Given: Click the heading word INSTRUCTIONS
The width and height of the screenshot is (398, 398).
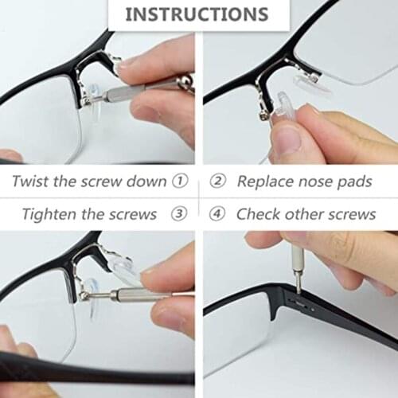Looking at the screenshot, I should [197, 14].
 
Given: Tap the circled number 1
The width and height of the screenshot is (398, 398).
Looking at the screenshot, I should [181, 181].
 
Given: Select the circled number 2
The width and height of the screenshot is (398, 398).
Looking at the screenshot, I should [217, 181].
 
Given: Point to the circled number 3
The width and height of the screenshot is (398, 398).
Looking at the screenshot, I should [181, 214].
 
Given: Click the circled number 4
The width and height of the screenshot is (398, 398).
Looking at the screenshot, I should [217, 214].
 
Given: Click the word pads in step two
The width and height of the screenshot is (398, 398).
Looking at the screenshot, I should [353, 181].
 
